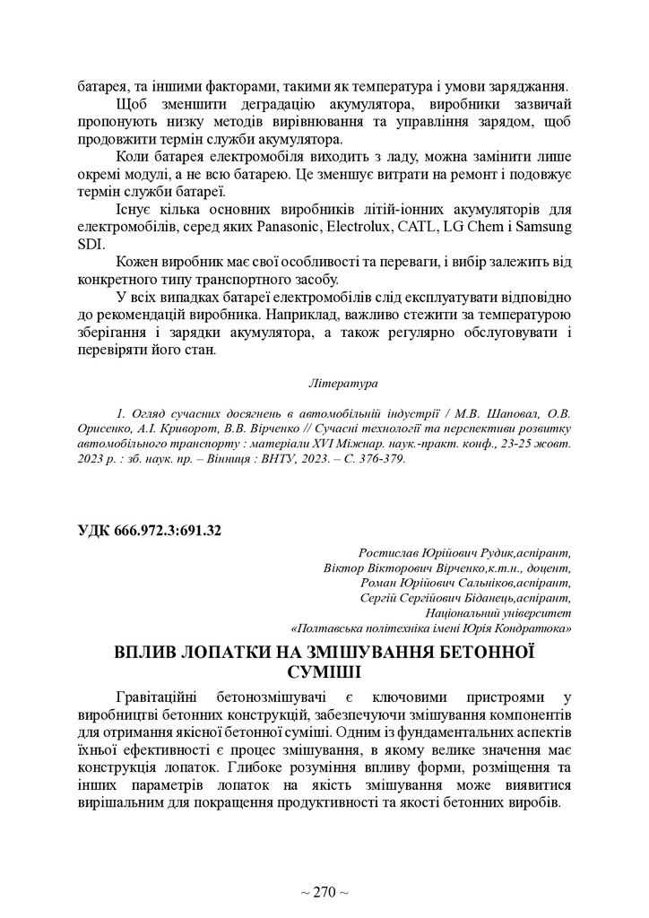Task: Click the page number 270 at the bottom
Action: pyautogui.click(x=324, y=892)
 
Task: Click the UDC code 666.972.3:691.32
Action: pyautogui.click(x=150, y=530)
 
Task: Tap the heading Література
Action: pyautogui.click(x=342, y=383)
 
